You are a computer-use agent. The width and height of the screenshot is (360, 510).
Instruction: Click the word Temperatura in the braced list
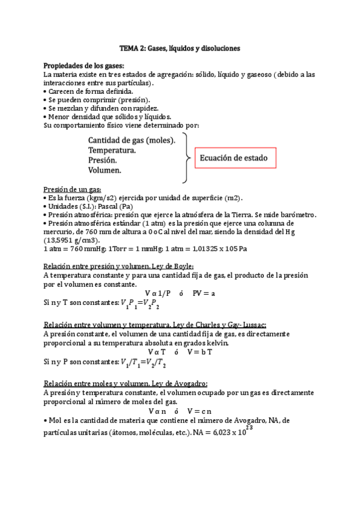[112, 150]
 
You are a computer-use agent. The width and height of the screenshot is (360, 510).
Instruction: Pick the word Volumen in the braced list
[105, 171]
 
